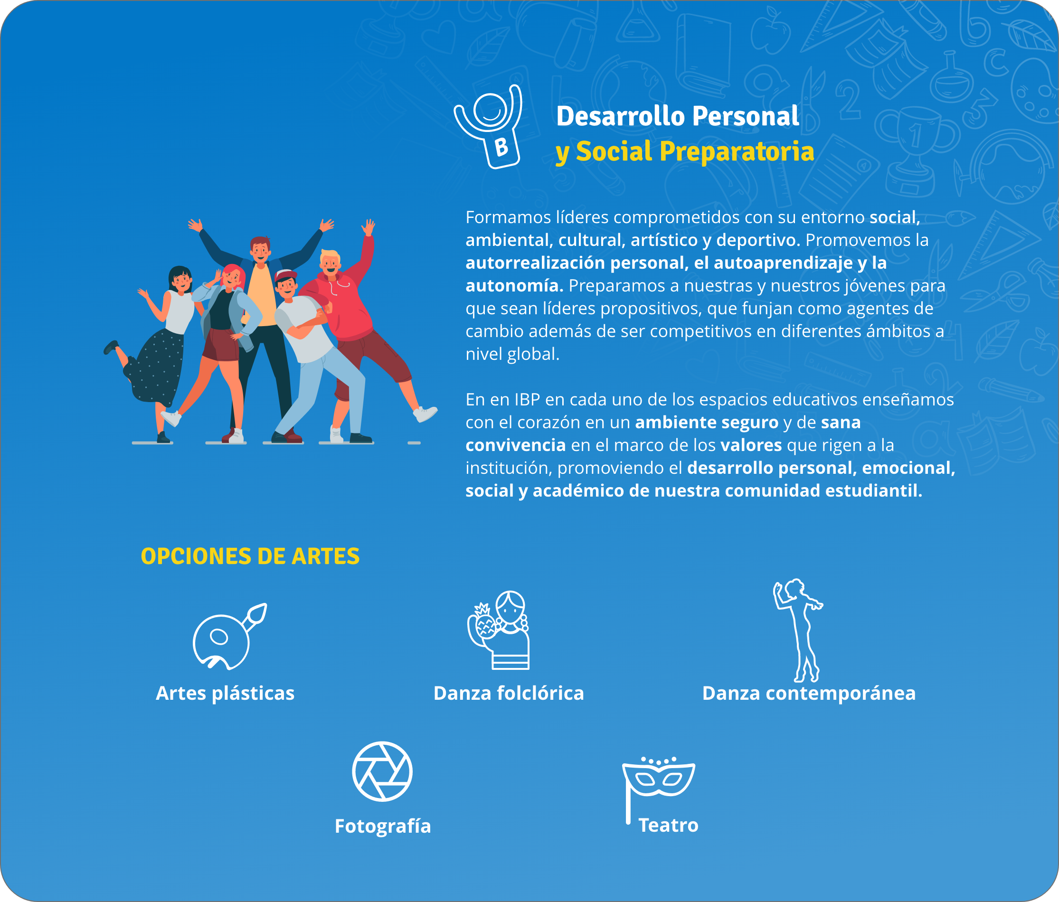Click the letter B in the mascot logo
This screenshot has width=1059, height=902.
(x=501, y=147)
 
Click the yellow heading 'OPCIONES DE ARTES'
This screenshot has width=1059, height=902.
(x=250, y=556)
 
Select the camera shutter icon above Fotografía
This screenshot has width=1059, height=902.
(x=382, y=771)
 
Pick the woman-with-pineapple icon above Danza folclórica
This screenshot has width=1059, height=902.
(x=499, y=630)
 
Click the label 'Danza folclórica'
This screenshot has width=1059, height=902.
(x=509, y=693)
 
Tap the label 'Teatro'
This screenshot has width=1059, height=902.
(x=668, y=825)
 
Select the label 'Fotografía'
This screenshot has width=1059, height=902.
(x=383, y=826)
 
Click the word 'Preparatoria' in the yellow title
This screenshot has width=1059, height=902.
(x=737, y=152)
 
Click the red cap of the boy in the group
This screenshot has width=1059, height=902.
(x=285, y=275)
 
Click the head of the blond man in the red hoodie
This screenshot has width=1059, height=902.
(x=330, y=262)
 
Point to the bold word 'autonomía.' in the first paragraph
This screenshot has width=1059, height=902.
(x=514, y=286)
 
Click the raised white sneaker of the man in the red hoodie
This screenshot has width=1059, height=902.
(x=425, y=413)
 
